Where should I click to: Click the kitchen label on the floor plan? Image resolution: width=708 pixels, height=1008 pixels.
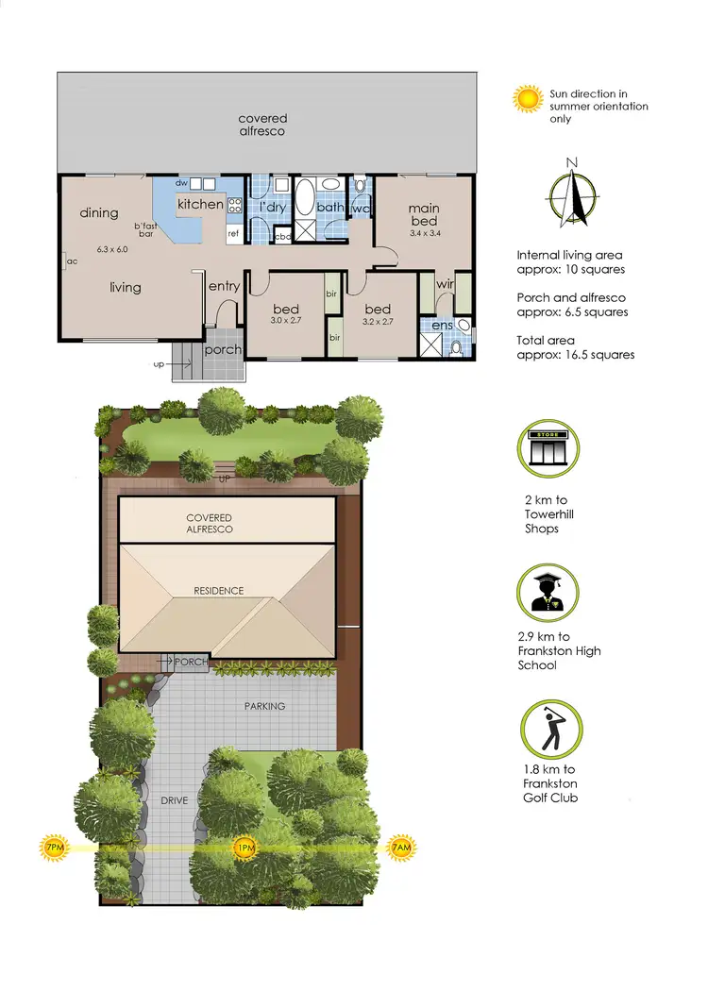(201, 204)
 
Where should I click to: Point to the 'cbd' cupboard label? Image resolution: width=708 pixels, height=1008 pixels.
(282, 236)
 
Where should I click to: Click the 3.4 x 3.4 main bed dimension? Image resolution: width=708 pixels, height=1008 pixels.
(424, 233)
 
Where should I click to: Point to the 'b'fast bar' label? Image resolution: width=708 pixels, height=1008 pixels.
(144, 229)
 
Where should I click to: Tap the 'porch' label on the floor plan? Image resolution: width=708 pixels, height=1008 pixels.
(223, 349)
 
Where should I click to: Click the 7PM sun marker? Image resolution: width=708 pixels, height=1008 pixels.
(53, 848)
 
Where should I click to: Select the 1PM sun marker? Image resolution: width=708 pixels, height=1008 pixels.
(244, 848)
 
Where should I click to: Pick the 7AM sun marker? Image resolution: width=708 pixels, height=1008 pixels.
(401, 848)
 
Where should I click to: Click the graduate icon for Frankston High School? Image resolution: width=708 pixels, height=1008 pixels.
(548, 592)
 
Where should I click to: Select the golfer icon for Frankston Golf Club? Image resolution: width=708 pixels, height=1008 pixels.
(551, 730)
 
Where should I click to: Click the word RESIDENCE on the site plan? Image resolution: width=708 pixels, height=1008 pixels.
(219, 591)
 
